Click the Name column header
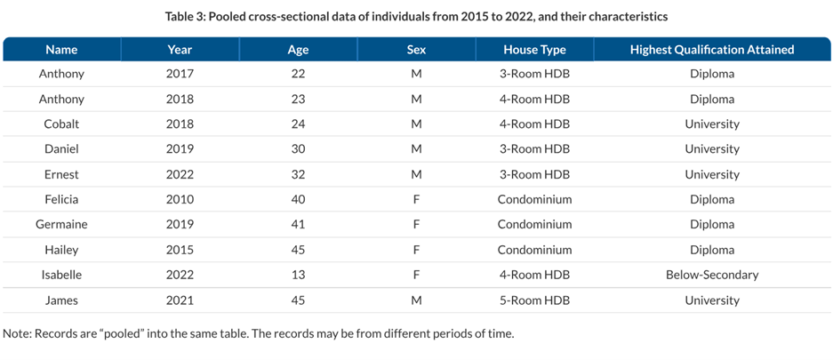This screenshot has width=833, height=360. pyautogui.click(x=61, y=50)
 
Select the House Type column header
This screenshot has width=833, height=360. pyautogui.click(x=533, y=50)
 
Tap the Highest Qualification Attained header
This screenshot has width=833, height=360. pyautogui.click(x=711, y=50)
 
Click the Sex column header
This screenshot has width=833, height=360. pyautogui.click(x=416, y=50)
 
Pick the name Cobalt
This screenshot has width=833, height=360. pyautogui.click(x=61, y=124)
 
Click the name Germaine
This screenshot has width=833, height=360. pyautogui.click(x=61, y=225)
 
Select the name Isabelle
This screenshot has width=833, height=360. pyautogui.click(x=61, y=275)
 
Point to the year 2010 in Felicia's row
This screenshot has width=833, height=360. pyautogui.click(x=180, y=200)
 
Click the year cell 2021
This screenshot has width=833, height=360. pyautogui.click(x=180, y=300)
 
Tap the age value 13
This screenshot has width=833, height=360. pyautogui.click(x=298, y=275)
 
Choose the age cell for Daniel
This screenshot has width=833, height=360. pyautogui.click(x=298, y=149)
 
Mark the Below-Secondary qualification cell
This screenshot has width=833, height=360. pyautogui.click(x=711, y=275)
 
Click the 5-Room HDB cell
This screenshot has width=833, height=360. pyautogui.click(x=533, y=300)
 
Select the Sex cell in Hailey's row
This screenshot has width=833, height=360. pyautogui.click(x=416, y=250)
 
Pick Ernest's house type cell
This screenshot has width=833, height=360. pyautogui.click(x=533, y=175)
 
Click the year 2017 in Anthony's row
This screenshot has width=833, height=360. pyautogui.click(x=180, y=74)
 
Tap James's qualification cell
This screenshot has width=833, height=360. pyautogui.click(x=711, y=300)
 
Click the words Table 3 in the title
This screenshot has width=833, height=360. pyautogui.click(x=187, y=17)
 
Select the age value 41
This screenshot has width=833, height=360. pyautogui.click(x=298, y=225)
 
